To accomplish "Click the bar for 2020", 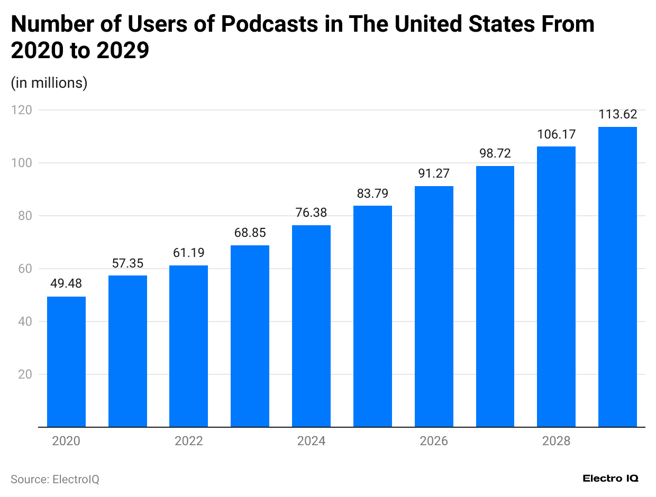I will (x=66, y=362).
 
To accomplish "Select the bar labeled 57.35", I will (x=127, y=351).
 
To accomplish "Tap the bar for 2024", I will (x=311, y=326).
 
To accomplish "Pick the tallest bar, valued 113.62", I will (x=617, y=277).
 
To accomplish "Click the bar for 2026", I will (x=434, y=306).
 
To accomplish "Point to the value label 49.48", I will (x=66, y=283).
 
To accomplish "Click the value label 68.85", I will (x=250, y=233).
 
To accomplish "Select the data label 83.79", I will (x=372, y=194).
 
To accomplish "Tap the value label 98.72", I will (x=495, y=154).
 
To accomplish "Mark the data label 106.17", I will (x=556, y=134).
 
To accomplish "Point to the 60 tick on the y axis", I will (x=24, y=269).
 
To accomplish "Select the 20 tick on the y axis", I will (x=24, y=374).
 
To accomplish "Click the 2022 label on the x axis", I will (x=188, y=441).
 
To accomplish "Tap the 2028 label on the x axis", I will (x=556, y=441).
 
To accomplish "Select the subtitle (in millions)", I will (x=49, y=83).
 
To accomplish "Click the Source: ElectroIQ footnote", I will (x=55, y=479).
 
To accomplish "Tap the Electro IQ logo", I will (x=611, y=478).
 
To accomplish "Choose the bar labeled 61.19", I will (x=188, y=346).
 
